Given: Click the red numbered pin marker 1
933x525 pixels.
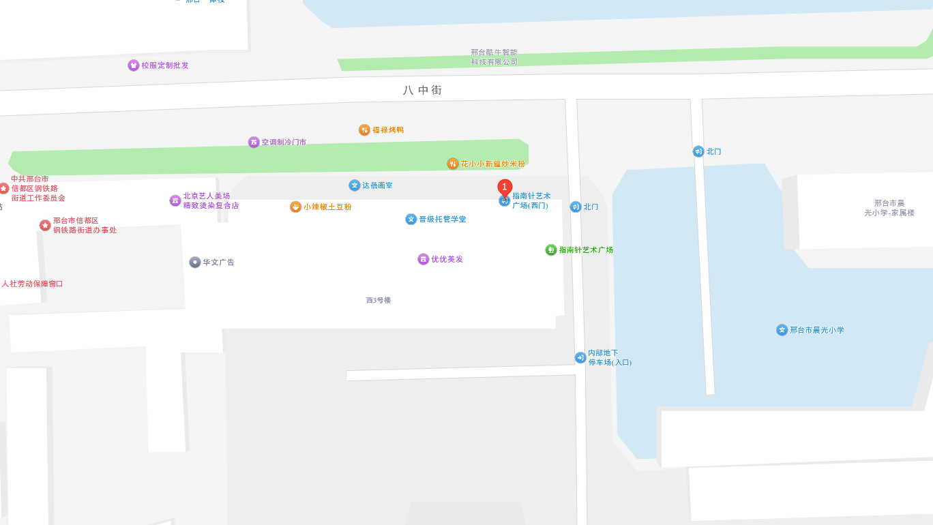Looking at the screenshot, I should point(505,187).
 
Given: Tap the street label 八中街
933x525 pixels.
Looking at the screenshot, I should point(422,90).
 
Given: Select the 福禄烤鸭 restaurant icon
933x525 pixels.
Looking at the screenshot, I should point(365,130).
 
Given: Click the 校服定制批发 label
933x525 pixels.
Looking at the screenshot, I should point(165,65).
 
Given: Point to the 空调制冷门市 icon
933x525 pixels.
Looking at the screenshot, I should point(254,142).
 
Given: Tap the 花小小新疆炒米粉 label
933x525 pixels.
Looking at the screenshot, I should point(492,164).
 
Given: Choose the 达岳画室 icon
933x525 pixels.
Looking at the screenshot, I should point(355,185).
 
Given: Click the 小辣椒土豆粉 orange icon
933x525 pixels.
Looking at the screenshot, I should point(295,207).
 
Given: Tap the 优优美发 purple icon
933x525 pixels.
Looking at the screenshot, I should point(424,259).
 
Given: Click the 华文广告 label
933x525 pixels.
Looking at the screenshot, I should point(218,262).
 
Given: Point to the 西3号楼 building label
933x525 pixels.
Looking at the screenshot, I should point(379,300).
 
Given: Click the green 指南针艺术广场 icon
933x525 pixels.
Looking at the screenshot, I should point(551,250).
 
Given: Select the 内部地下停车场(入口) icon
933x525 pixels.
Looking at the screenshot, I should point(580,357).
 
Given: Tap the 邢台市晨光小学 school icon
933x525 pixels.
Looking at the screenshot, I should point(782,330).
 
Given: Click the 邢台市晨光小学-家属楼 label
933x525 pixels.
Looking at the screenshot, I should point(889,208).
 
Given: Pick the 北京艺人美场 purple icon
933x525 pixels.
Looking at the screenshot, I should point(175,200).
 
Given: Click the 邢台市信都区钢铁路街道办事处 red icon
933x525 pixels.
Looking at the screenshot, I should point(45,225).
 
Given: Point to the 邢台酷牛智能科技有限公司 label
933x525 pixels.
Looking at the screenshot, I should point(494,57).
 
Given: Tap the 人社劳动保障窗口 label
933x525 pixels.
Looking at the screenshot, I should point(32,284).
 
